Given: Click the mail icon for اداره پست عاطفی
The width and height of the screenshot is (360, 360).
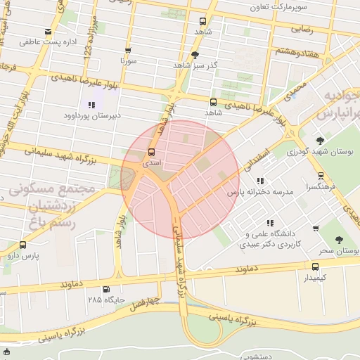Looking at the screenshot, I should [48, 32].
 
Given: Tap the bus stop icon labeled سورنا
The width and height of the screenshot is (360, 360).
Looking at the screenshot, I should [128, 51].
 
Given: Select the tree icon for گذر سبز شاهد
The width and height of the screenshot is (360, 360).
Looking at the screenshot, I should [195, 54].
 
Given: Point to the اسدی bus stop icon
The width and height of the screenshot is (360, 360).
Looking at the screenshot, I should [151, 153].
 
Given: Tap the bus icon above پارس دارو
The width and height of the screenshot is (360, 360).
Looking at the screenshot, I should [23, 245].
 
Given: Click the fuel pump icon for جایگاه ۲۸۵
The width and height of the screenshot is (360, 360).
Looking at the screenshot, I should [106, 289].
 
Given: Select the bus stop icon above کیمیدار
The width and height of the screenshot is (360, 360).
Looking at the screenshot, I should [315, 266].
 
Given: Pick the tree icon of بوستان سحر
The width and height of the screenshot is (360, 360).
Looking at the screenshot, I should [340, 240].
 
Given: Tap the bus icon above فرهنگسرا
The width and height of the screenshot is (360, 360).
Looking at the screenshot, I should [321, 176].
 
